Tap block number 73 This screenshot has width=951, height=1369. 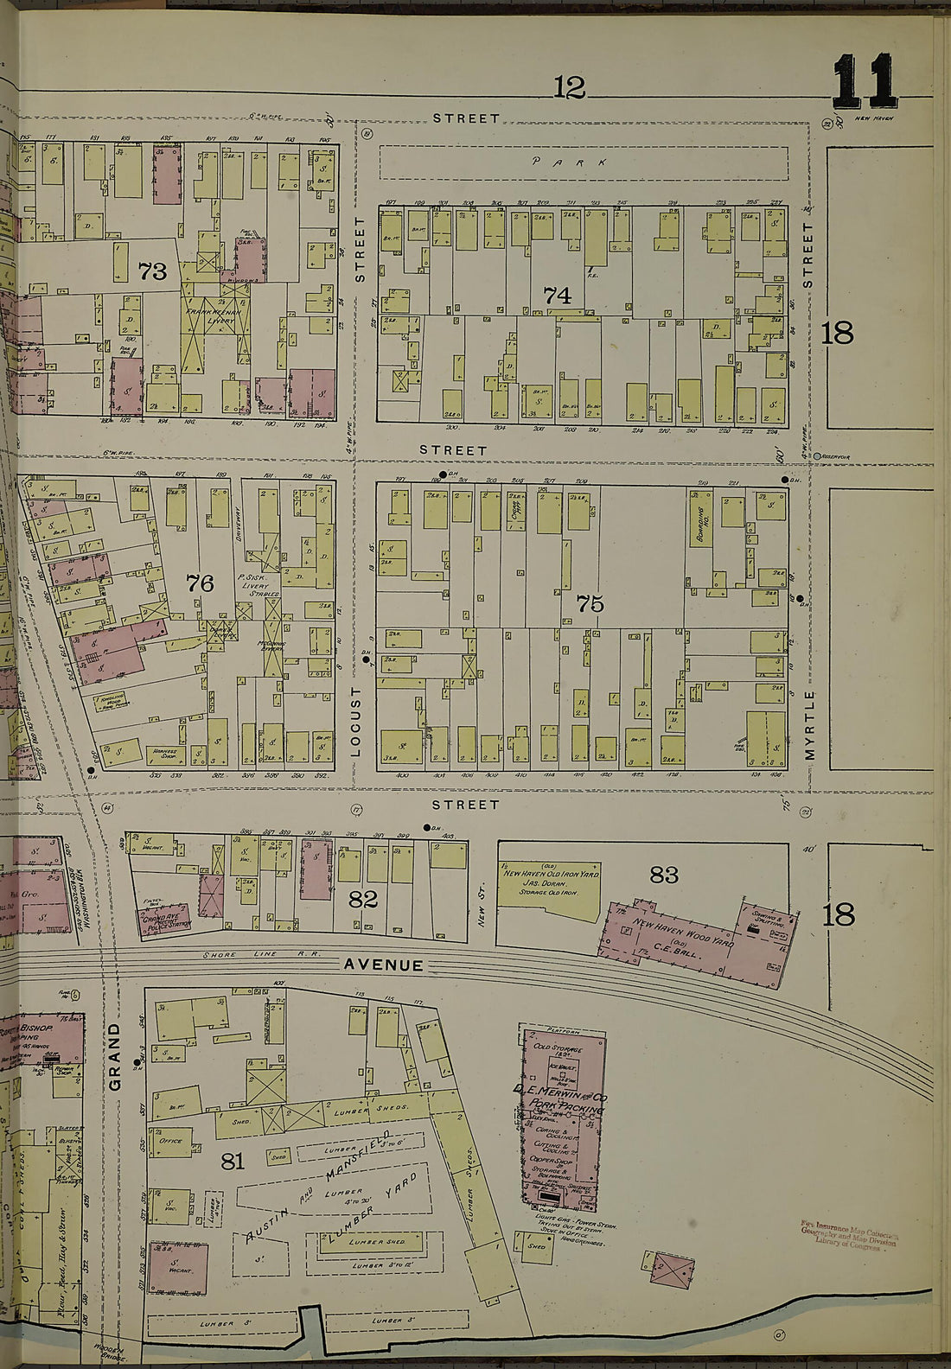[x=152, y=272]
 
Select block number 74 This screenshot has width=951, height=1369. [x=558, y=296]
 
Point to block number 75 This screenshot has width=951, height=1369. [x=590, y=604]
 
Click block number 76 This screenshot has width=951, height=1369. [x=200, y=583]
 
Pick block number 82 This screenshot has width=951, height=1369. [x=363, y=900]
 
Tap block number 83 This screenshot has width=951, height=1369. [x=664, y=876]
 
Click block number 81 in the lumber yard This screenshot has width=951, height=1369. [x=233, y=1161]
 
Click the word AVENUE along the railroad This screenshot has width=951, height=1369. [x=384, y=965]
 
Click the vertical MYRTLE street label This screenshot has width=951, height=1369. [x=810, y=725]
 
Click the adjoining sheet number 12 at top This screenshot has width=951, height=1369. [x=569, y=87]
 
